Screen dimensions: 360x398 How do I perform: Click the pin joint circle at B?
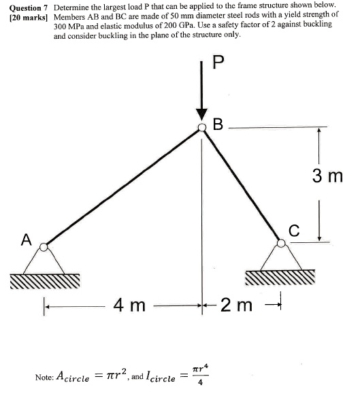pyautogui.click(x=202, y=127)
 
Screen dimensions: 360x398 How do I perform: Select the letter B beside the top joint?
pyautogui.click(x=218, y=125)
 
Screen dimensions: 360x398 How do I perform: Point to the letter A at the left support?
pyautogui.click(x=26, y=239)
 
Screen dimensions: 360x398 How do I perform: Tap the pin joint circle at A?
pyautogui.click(x=44, y=246)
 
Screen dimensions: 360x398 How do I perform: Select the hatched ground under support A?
pyautogui.click(x=45, y=280)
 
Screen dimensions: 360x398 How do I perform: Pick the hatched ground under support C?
pyautogui.click(x=280, y=276)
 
